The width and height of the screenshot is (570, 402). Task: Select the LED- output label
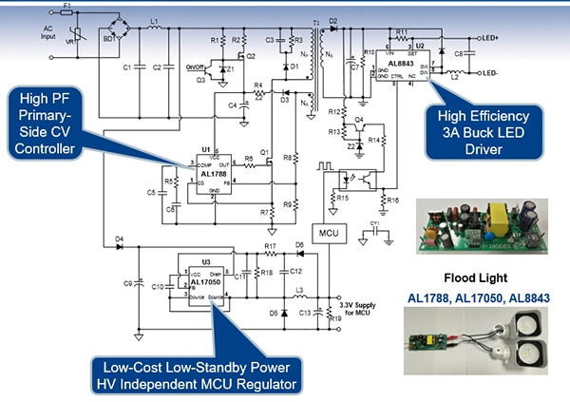pyautogui.click(x=490, y=72)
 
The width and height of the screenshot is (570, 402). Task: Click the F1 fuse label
pyautogui.click(x=66, y=6)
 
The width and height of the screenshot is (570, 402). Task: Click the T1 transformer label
pyautogui.click(x=316, y=21)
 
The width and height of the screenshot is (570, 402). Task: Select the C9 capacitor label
pyautogui.click(x=128, y=282)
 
